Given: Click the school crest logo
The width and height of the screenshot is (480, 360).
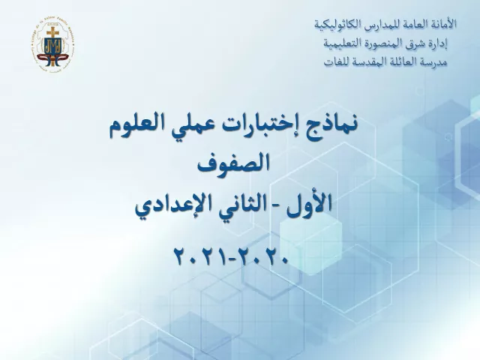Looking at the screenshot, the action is (x=53, y=45).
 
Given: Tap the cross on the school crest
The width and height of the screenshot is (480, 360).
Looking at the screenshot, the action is (x=52, y=32).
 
